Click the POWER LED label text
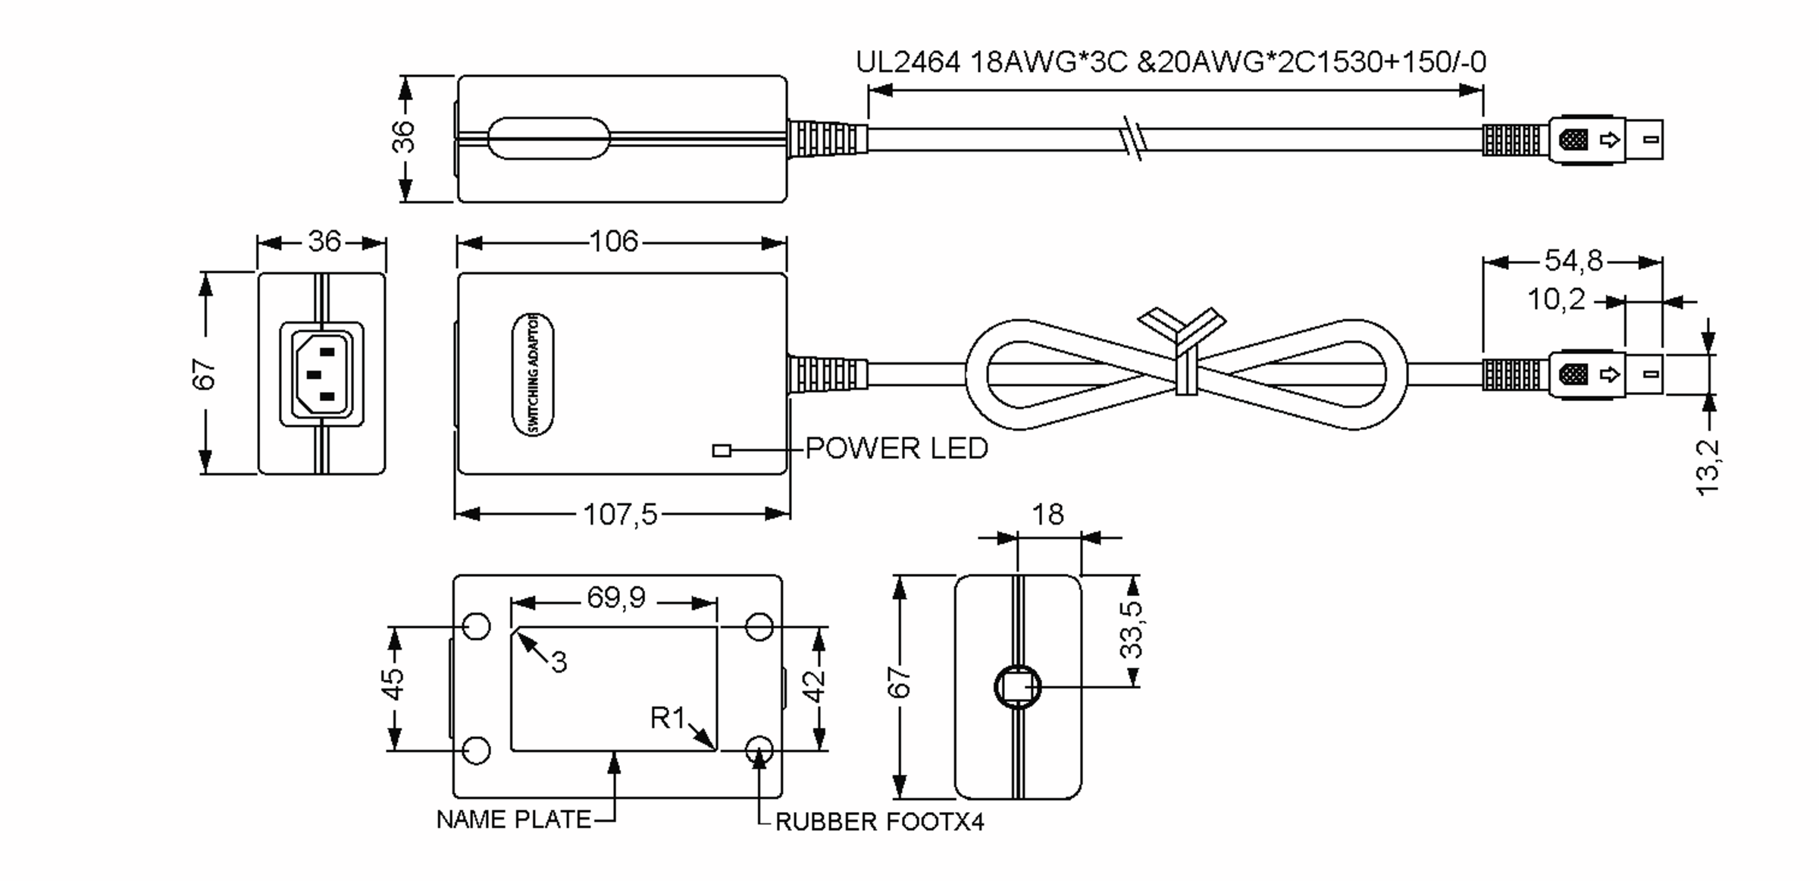click(x=896, y=448)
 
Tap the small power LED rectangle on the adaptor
click(x=722, y=450)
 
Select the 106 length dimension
click(x=614, y=242)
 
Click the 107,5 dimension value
click(x=620, y=515)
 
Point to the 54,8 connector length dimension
click(x=1573, y=261)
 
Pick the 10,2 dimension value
click(x=1555, y=299)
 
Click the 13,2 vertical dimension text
click(x=1708, y=467)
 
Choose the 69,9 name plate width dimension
click(x=615, y=598)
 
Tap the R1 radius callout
click(x=667, y=717)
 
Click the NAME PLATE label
click(x=513, y=820)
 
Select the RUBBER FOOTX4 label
click(x=879, y=822)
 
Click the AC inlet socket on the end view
click(x=322, y=374)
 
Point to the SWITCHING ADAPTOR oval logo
click(x=533, y=374)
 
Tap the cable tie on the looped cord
click(x=1184, y=356)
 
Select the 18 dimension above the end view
click(x=1047, y=515)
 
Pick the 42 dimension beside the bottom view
click(x=814, y=687)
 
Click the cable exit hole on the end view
click(x=1017, y=687)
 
